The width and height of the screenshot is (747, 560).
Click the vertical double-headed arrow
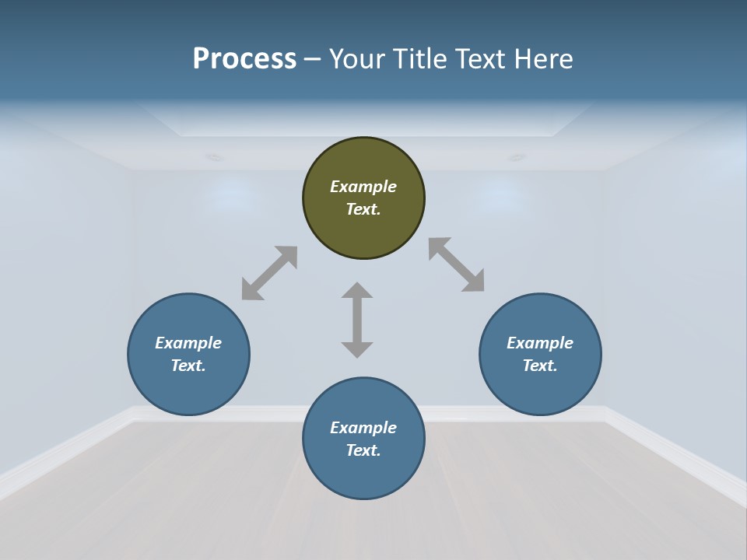tap(357, 320)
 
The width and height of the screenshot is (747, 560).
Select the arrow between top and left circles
tap(269, 273)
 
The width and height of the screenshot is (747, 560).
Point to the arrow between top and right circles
tap(457, 264)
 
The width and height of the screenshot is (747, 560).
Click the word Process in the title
tap(244, 59)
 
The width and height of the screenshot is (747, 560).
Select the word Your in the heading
tap(355, 59)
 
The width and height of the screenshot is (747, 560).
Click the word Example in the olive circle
tap(363, 187)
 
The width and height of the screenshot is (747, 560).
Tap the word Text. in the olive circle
tap(363, 209)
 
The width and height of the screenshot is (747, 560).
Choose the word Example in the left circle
tap(188, 343)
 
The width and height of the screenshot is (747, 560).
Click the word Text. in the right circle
tap(540, 366)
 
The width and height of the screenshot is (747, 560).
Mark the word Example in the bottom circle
tap(363, 428)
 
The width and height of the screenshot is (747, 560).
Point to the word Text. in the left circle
tap(188, 366)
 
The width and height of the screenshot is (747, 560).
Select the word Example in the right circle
tap(540, 343)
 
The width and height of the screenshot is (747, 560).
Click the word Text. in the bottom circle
tap(363, 450)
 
